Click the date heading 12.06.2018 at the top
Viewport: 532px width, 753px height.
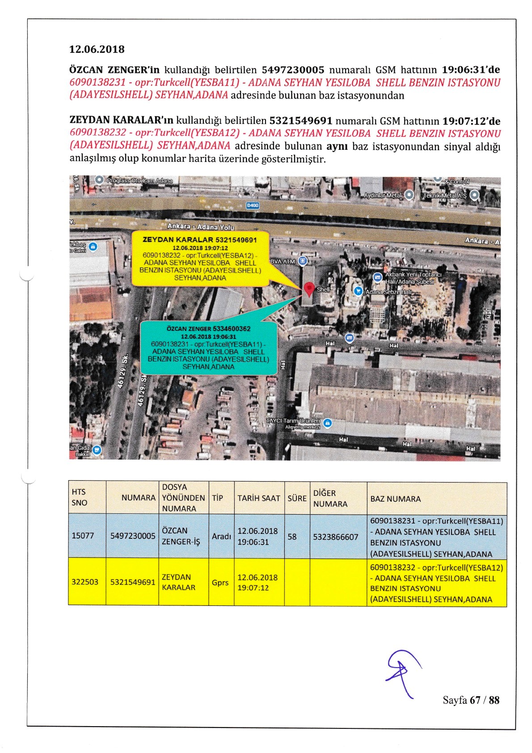coord(97,49)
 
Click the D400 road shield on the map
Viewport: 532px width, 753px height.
coord(253,206)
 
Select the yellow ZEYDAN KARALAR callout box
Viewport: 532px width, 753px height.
coord(200,258)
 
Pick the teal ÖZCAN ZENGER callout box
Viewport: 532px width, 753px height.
coord(208,347)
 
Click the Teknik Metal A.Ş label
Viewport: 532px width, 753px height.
coord(445,195)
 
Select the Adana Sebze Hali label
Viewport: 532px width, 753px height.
coord(388,292)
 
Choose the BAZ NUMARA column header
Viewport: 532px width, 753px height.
coord(395,499)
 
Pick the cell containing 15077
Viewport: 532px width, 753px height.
coord(83,536)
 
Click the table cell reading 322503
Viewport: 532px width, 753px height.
coord(85,582)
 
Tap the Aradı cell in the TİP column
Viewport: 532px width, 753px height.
coord(221,536)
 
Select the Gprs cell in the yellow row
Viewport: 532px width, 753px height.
coord(220,583)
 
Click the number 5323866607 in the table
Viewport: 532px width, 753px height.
coord(336,537)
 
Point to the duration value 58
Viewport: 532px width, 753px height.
coord(292,537)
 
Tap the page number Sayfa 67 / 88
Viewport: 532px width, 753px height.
coord(471,700)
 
